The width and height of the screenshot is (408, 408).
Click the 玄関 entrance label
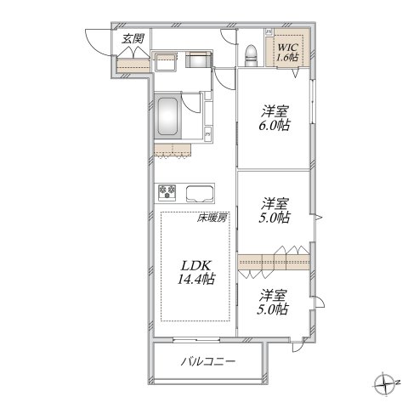132,38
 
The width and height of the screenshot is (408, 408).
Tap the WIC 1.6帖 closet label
286,51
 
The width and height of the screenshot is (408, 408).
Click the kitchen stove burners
166,190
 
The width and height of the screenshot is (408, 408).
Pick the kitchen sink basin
201,190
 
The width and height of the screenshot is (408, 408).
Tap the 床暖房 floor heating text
212,218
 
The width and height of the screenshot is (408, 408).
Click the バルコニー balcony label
208,363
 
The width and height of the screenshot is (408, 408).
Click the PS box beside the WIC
269,33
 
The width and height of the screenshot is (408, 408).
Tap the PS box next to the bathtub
208,134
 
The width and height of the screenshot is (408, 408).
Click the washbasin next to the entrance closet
165,59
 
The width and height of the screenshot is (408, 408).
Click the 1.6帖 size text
287,57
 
